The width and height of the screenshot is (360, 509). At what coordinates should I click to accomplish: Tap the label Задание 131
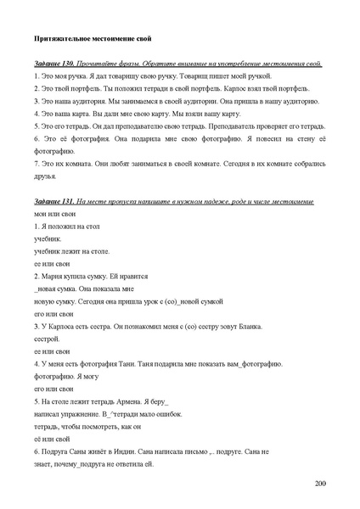tap(53, 201)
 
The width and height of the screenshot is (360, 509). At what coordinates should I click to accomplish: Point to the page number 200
tap(319, 483)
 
